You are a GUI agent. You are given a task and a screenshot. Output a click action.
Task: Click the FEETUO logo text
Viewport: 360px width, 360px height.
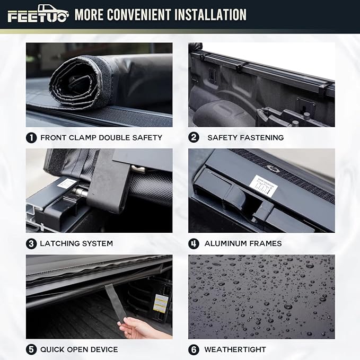click(37, 17)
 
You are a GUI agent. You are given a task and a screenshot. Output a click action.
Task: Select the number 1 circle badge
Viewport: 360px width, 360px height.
click(31, 137)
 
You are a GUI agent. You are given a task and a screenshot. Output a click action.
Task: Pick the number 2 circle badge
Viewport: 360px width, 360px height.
click(194, 137)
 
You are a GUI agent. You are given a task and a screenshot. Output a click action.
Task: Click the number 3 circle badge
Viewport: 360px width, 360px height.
click(31, 243)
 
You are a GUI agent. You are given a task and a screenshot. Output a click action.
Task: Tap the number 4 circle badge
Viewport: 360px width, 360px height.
click(194, 243)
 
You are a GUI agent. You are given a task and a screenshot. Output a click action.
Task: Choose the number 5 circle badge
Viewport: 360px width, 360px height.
click(31, 349)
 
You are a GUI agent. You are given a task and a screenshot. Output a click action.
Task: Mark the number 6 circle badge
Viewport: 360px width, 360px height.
click(194, 349)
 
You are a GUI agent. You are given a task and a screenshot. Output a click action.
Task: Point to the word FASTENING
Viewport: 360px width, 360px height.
click(260, 137)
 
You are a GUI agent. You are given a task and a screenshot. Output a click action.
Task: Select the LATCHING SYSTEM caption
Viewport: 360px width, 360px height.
click(76, 243)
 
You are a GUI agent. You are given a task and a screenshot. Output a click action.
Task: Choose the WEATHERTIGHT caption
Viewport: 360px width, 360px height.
click(235, 349)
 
